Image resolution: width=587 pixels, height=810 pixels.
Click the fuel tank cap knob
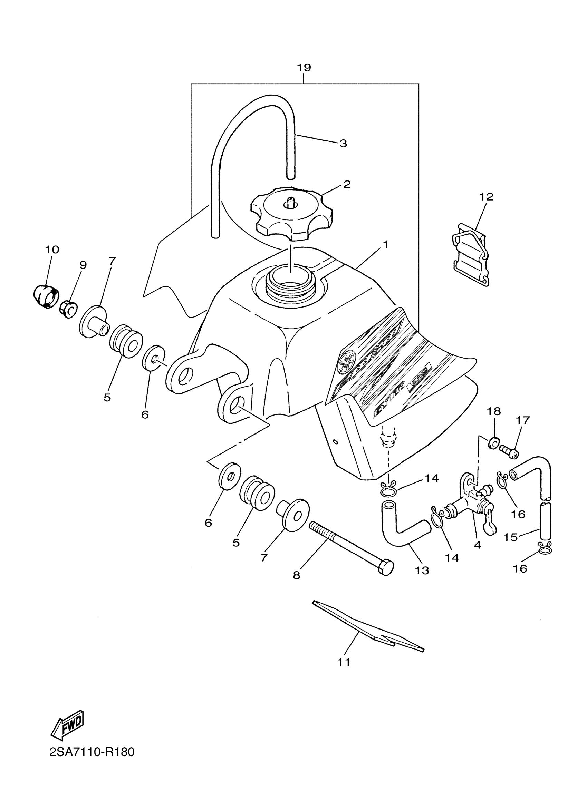click(291, 214)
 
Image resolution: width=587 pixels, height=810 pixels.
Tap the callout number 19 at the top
click(304, 68)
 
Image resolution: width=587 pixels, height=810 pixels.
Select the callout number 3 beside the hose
click(343, 144)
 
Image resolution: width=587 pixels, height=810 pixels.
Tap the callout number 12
click(486, 197)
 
